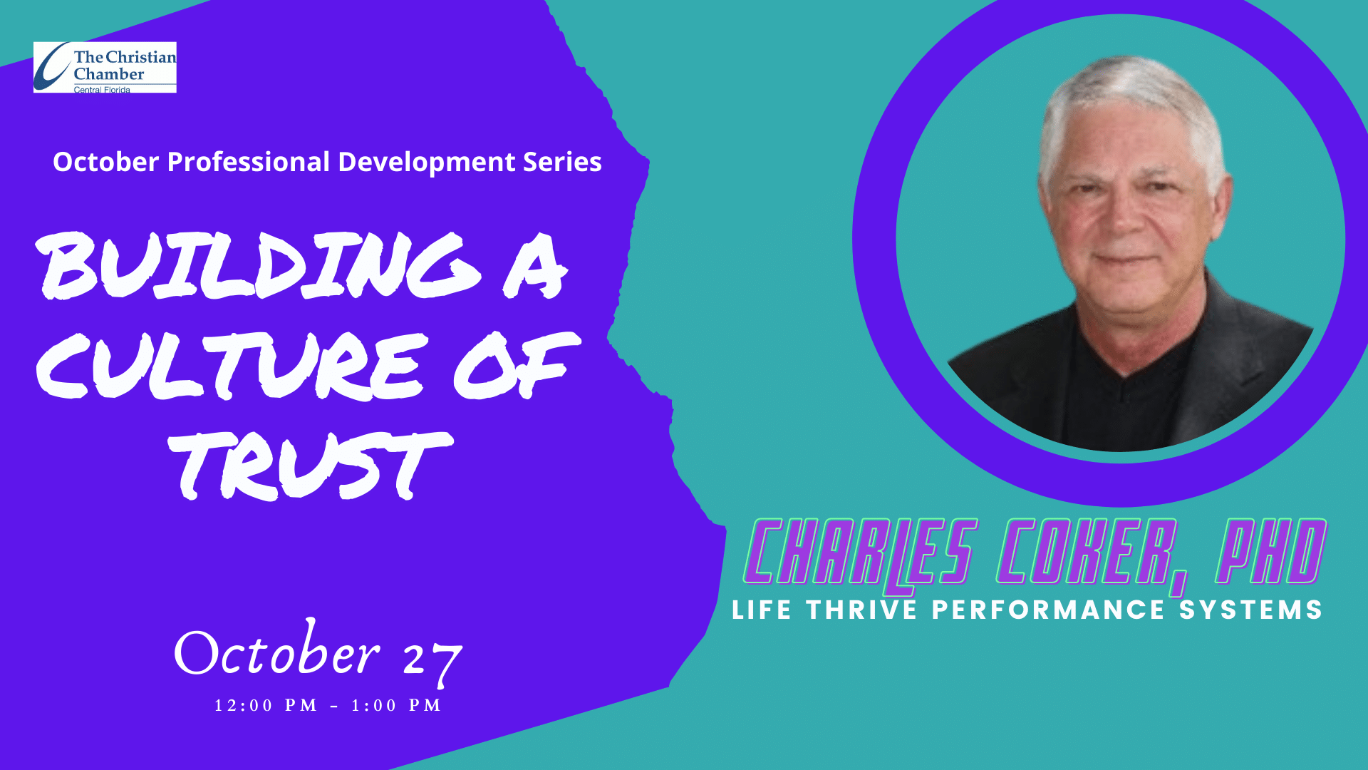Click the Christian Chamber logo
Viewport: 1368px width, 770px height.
(x=105, y=67)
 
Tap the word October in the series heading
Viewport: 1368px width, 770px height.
(x=106, y=162)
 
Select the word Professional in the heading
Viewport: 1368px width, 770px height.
(x=249, y=162)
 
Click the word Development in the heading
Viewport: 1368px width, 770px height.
(x=427, y=163)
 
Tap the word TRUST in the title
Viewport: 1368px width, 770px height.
(x=311, y=465)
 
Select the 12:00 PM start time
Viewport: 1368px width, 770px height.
(x=266, y=705)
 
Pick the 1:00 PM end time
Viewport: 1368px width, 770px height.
(x=396, y=705)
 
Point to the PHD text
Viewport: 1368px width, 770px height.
(x=1271, y=550)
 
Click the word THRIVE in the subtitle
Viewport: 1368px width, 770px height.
(x=861, y=610)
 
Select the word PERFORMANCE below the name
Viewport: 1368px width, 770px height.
(x=1048, y=610)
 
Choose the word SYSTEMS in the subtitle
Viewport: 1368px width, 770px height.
(x=1251, y=610)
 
